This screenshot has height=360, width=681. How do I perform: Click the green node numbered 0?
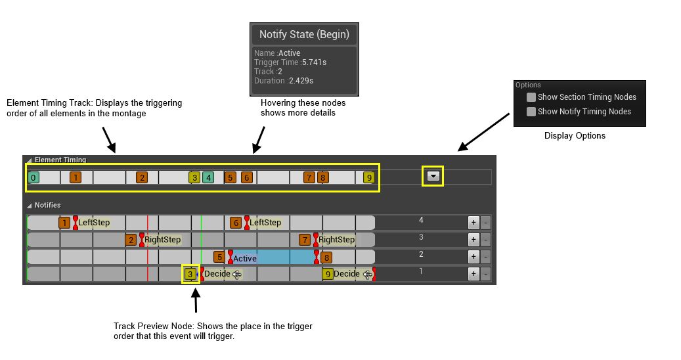33,177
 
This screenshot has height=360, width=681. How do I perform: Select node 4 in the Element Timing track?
208,177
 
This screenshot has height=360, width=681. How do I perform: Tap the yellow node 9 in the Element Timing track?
368,177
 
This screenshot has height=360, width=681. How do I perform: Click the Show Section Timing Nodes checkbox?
531,97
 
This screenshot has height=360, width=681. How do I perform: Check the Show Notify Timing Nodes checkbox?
531,112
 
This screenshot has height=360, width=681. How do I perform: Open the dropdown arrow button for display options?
433,176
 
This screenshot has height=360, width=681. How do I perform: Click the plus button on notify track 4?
473,222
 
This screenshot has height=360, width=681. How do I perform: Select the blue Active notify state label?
244,258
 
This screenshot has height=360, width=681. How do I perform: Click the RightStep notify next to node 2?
162,240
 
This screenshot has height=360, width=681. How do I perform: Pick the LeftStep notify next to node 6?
265,223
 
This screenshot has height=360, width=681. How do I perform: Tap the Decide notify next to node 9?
347,274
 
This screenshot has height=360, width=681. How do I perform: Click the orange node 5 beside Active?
219,257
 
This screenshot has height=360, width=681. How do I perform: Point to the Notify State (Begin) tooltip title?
305,34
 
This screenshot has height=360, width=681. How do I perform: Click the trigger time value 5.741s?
314,62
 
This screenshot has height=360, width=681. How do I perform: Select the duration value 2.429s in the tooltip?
301,81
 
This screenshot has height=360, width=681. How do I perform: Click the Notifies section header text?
48,205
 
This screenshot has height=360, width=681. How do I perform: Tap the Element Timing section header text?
60,160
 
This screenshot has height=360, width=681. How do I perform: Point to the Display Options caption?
575,135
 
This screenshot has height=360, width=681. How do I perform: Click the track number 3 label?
421,237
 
